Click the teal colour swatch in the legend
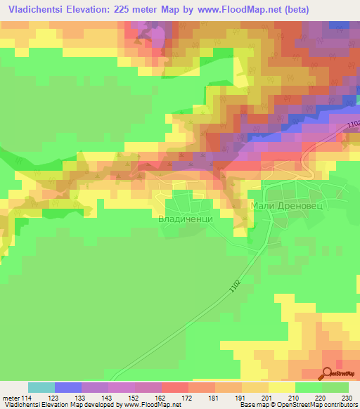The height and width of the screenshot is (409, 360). [x=41, y=387]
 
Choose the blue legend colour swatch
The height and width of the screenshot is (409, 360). [x=67, y=387]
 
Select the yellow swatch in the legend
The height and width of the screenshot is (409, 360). [x=281, y=387]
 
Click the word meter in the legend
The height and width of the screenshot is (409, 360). [x=9, y=397]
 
